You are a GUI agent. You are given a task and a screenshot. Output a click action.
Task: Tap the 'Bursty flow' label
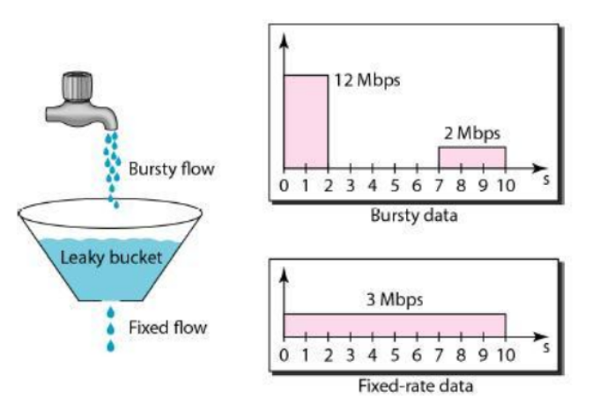[171, 167]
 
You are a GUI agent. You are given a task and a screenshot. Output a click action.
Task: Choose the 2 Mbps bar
[472, 158]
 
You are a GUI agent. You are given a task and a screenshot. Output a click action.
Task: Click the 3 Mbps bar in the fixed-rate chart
[395, 325]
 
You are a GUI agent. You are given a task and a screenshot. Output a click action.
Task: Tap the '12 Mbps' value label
[367, 80]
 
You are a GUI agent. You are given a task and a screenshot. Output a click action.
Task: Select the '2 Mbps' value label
[472, 134]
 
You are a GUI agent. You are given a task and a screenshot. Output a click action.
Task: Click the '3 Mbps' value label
[395, 299]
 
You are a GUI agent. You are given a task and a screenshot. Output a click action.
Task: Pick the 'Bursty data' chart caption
[415, 215]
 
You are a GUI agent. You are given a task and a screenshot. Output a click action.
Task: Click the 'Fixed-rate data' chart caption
[415, 386]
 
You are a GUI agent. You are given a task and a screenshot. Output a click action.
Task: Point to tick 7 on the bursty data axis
[439, 186]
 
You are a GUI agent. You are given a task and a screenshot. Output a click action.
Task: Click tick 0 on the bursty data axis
[284, 186]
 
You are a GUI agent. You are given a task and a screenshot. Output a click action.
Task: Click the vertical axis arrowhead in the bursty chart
[284, 40]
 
